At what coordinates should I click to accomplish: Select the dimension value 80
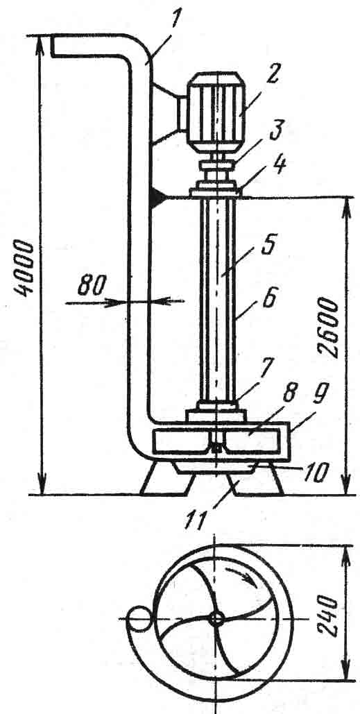pyautogui.click(x=92, y=287)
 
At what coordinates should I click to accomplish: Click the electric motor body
pyautogui.click(x=216, y=112)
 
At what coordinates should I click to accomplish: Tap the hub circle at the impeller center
pyautogui.click(x=216, y=618)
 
